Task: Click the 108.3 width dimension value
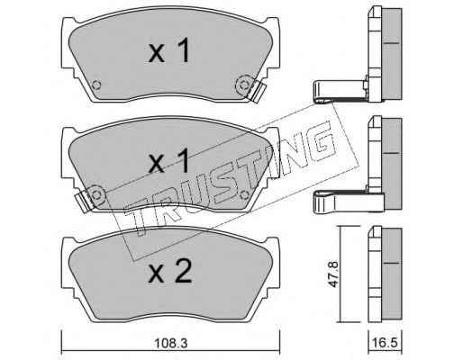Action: coord(170,343)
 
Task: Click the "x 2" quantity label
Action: coord(170,272)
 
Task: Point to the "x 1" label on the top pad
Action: coord(169,50)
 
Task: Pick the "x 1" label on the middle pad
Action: coord(169,160)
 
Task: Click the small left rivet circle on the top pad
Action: coord(96,85)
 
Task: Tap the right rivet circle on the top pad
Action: coord(243,85)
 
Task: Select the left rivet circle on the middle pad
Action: coord(96,195)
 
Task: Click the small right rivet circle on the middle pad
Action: coord(244,195)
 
